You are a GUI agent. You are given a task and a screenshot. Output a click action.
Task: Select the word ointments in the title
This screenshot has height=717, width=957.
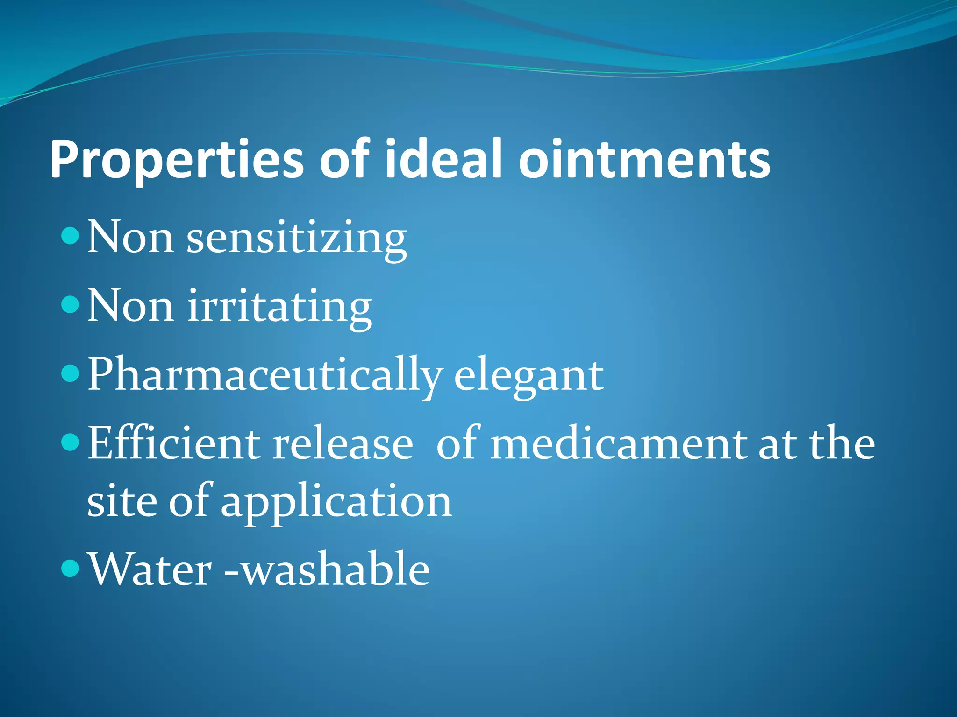(x=644, y=160)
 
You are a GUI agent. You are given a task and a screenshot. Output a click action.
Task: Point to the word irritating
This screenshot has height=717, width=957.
(x=279, y=307)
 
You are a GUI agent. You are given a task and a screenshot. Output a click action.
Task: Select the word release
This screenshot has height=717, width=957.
(x=343, y=443)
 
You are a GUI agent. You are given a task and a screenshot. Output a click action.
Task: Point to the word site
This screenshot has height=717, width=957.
(x=122, y=501)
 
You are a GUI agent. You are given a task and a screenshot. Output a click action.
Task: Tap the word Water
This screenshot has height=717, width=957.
(x=150, y=569)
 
